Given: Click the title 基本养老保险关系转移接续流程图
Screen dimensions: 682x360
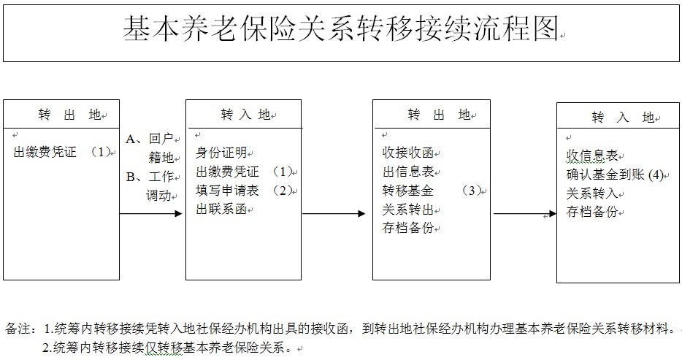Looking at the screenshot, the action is click(340, 29).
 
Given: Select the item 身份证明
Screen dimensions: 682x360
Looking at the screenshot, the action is click(221, 153).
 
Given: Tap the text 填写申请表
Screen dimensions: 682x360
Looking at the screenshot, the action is click(228, 191).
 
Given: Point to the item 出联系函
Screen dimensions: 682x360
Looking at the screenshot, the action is click(221, 209).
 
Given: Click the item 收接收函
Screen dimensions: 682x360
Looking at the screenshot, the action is click(408, 153).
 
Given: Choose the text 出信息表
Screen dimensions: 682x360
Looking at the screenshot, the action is click(408, 172).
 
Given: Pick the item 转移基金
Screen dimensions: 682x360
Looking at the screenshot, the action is click(408, 191).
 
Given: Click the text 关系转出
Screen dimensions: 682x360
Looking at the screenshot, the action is click(408, 210).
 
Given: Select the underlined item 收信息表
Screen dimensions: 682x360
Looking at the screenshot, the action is click(592, 156).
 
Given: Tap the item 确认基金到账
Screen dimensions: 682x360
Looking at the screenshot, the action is click(605, 175).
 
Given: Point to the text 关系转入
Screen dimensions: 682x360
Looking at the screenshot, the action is click(592, 193).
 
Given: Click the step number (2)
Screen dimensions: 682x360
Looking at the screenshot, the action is click(283, 191).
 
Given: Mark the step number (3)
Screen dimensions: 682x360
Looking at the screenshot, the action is click(472, 191).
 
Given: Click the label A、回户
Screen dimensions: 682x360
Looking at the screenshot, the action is click(150, 139).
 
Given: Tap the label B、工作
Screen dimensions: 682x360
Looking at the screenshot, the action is click(150, 177).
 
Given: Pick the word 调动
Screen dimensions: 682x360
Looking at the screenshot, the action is click(158, 195).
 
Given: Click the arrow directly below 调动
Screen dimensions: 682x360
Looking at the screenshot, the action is click(150, 213).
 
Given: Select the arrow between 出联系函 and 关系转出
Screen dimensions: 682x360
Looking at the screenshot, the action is click(334, 213).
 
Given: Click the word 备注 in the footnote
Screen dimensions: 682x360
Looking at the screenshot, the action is click(18, 329).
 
